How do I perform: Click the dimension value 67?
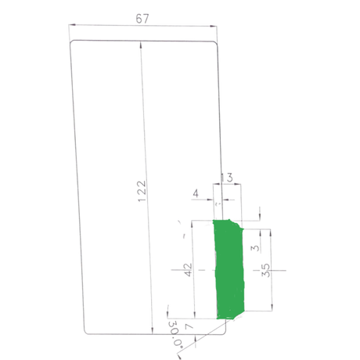coord(142,19)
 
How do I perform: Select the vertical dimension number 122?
coord(142,191)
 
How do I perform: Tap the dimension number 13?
coord(228,178)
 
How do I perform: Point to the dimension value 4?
coord(196,193)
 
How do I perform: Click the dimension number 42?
coord(188,270)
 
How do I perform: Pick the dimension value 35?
coord(265,270)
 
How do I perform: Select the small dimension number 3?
coord(256,248)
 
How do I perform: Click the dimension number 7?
coord(189,326)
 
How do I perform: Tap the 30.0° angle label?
coord(175,333)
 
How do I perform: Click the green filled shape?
coord(229,268)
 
